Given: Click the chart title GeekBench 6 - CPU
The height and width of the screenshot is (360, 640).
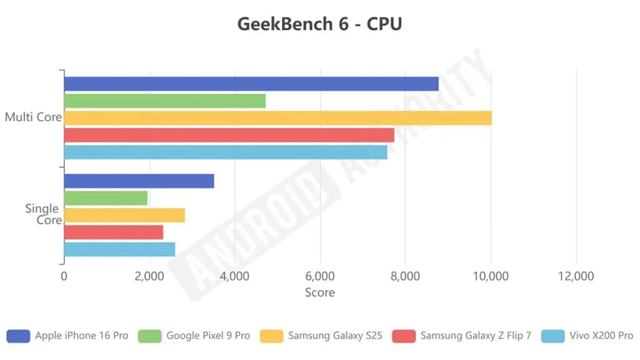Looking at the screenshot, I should [319, 24].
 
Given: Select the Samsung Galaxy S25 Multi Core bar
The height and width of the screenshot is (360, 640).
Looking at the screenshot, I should [277, 118].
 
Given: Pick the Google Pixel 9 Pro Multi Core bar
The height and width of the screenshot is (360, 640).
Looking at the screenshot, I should [164, 101].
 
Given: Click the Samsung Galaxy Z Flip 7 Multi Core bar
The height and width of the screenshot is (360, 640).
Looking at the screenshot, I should [229, 135].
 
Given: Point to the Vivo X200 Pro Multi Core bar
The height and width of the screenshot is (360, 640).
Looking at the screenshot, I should [226, 152].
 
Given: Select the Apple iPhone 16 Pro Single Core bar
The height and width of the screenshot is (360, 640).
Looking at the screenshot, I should [139, 181].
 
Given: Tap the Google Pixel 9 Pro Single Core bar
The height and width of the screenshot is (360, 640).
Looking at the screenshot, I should [106, 198].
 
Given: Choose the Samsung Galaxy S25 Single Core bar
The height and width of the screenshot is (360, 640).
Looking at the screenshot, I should [124, 215].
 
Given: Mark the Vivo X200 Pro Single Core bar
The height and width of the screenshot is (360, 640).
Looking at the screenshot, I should [119, 249].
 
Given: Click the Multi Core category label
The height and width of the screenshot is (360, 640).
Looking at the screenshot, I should [32, 117].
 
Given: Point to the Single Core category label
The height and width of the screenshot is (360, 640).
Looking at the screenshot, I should [43, 214].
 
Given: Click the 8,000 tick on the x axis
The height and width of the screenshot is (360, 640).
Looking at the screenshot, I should [405, 276].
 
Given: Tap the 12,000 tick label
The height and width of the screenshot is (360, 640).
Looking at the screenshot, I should [576, 276].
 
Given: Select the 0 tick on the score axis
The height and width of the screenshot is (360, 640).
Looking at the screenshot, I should [64, 276].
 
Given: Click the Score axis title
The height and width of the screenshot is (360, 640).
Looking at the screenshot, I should [319, 292].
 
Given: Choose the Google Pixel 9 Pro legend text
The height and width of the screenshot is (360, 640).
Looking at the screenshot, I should [207, 336].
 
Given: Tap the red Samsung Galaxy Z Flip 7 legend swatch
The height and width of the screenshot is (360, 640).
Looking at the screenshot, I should [404, 336].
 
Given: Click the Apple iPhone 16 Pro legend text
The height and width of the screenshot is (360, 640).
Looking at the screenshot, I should [81, 336].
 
